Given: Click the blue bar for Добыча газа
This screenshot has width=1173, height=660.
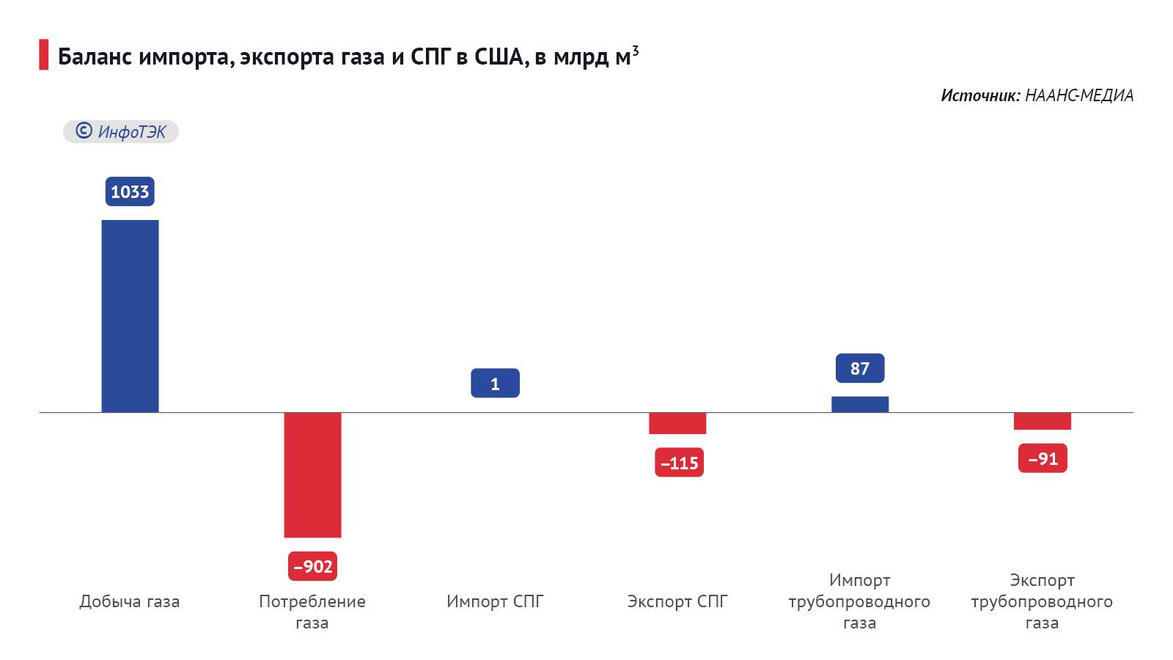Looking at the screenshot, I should click(x=130, y=315).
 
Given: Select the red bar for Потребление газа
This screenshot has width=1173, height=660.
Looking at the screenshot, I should click(x=312, y=474).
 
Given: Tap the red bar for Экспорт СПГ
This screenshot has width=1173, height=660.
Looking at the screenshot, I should click(x=677, y=423).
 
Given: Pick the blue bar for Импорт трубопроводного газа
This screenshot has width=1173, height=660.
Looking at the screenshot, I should click(x=860, y=404).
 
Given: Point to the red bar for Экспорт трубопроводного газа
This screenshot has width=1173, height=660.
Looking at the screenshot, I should click(x=1042, y=421).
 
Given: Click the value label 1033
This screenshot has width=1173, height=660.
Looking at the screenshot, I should click(x=130, y=191).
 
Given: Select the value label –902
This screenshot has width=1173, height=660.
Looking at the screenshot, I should click(x=313, y=566).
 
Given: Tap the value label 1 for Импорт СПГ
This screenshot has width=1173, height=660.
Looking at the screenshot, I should click(x=495, y=384).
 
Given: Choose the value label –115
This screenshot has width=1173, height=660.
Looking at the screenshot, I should click(x=679, y=463).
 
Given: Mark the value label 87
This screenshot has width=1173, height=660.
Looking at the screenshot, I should click(x=860, y=368).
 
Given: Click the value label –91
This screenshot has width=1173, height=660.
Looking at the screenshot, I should click(x=1043, y=458).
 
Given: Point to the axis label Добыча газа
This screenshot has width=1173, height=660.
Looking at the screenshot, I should click(x=130, y=601).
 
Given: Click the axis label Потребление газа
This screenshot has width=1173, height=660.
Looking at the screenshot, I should click(x=312, y=612).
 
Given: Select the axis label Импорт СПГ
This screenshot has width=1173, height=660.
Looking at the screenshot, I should click(x=495, y=601).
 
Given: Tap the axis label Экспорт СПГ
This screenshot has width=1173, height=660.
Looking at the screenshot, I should click(x=677, y=601).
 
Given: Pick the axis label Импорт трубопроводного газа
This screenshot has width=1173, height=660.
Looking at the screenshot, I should click(x=859, y=601).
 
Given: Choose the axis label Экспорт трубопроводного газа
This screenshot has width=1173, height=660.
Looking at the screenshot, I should click(x=1042, y=601).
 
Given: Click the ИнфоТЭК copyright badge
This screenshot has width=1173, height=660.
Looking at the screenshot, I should click(x=121, y=131).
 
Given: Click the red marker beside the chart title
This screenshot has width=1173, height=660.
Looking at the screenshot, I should click(x=44, y=55).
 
